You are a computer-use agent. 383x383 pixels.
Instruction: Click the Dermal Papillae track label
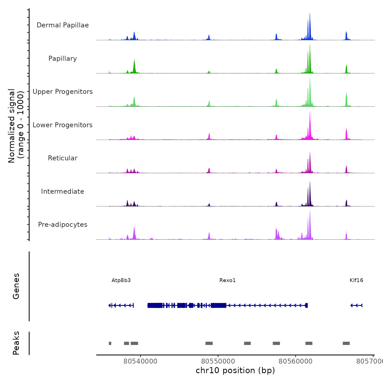(x=63, y=25)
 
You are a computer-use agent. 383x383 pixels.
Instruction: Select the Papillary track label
(x=63, y=59)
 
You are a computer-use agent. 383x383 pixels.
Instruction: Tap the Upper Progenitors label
(x=63, y=92)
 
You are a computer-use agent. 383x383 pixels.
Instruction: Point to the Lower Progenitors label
(x=63, y=125)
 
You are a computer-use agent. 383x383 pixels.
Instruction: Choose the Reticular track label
(x=63, y=158)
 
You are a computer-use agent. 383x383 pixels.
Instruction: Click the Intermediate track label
(x=63, y=191)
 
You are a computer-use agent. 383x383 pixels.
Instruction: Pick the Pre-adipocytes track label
(x=63, y=225)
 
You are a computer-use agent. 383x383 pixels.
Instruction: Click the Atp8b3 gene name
(x=121, y=280)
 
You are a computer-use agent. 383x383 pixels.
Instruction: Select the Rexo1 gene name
(x=227, y=280)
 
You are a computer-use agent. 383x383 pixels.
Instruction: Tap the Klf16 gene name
(x=356, y=280)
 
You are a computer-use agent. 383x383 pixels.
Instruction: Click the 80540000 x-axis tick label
(x=140, y=361)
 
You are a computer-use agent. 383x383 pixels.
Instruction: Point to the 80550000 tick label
(x=218, y=361)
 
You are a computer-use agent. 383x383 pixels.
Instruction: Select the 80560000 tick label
(x=295, y=361)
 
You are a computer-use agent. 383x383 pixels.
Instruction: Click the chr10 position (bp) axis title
(x=235, y=370)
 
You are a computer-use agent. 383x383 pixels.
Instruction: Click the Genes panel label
(x=16, y=286)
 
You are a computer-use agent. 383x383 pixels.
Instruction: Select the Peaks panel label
(x=16, y=343)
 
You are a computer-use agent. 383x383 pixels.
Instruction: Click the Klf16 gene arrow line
(x=356, y=305)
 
